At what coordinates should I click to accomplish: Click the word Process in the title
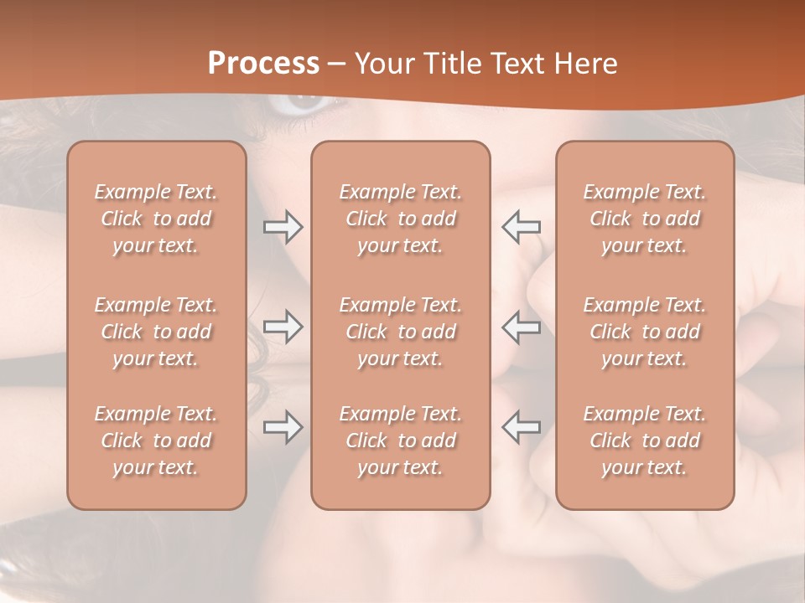coord(263,64)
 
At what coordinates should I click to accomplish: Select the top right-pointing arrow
coord(283,227)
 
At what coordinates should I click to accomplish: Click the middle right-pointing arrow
coord(283,327)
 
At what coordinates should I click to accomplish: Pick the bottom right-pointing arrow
coord(283,427)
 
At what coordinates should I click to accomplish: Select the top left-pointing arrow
coord(522,227)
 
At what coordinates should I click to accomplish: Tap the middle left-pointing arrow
coord(522,327)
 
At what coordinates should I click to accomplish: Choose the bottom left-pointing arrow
coord(522,427)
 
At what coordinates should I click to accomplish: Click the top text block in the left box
coord(156,219)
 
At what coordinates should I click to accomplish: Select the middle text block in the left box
coord(156,332)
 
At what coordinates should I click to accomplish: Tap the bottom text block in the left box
coord(156,441)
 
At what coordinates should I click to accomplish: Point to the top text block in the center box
coord(400,219)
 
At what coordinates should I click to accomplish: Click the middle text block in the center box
coord(400,332)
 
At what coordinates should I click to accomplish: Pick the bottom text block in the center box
coord(400,441)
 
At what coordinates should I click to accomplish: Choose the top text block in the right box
coord(645,219)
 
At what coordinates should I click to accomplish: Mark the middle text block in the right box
coord(645,332)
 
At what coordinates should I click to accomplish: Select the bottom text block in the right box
coord(645,441)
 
